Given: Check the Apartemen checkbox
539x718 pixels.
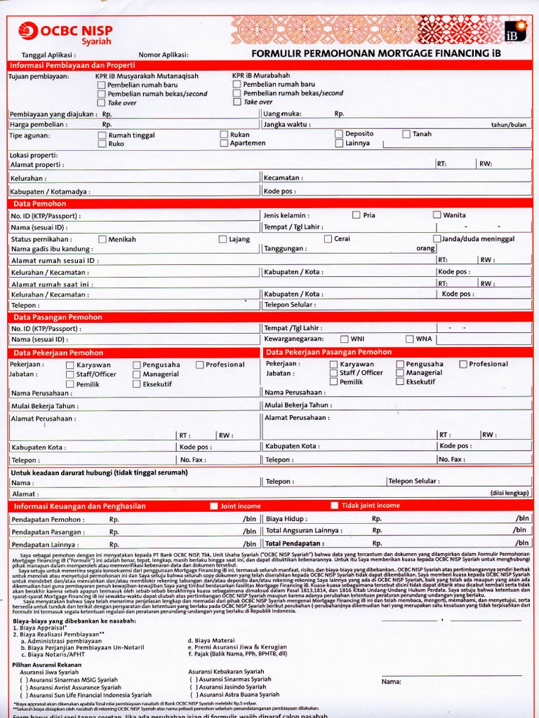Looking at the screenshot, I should pyautogui.click(x=224, y=143).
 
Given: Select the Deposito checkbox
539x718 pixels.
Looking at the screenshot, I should pyautogui.click(x=339, y=133).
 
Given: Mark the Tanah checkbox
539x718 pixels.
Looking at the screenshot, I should pyautogui.click(x=406, y=133).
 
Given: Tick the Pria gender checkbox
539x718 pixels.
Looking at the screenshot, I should pyautogui.click(x=357, y=215).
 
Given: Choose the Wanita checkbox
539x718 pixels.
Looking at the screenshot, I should pyautogui.click(x=437, y=215).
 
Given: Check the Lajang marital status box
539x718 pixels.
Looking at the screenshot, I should pyautogui.click(x=222, y=239).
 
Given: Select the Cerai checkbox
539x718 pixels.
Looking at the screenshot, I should pyautogui.click(x=328, y=238).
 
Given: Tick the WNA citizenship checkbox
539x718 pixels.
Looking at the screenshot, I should pyautogui.click(x=409, y=339).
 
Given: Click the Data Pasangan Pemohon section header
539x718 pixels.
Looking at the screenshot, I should pyautogui.click(x=58, y=317).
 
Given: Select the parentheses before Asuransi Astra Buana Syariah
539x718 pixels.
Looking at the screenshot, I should pyautogui.click(x=193, y=694).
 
